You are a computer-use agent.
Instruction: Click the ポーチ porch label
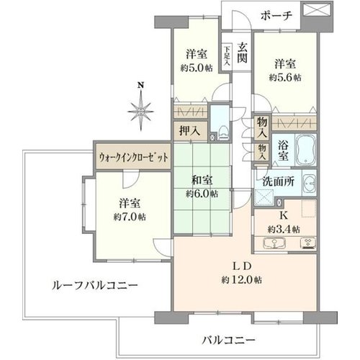coord(276,16)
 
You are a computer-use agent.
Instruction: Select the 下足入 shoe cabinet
coord(227,57)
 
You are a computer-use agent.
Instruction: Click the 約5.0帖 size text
coord(197,68)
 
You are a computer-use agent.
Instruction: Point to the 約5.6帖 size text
coord(285,78)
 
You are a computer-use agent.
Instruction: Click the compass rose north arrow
coord(140,109)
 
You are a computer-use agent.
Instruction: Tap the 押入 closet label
coord(189,131)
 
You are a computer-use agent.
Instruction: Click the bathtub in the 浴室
coord(305,150)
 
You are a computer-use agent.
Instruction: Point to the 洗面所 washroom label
coord(279,181)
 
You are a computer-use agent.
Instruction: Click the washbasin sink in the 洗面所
coord(310,184)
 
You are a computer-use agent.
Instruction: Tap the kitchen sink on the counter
coord(274,243)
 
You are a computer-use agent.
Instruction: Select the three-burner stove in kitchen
coord(308,243)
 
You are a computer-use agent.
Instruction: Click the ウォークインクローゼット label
coord(134,158)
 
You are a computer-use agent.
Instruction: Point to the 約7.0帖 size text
coord(130,217)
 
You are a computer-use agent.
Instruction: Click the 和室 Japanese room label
coord(202,180)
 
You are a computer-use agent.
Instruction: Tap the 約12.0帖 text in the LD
coord(241,280)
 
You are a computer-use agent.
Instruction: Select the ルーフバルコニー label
coord(95,286)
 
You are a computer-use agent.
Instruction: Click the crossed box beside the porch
coord(317,10)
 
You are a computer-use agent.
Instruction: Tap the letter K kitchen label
coord(284,216)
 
